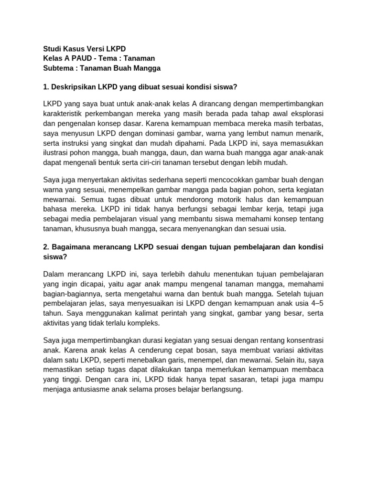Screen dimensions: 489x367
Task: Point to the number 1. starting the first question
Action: pyautogui.click(x=46, y=87)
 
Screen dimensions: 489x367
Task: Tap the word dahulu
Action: pyautogui.click(x=204, y=274)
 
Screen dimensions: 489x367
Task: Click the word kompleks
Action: pyautogui.click(x=143, y=323)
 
